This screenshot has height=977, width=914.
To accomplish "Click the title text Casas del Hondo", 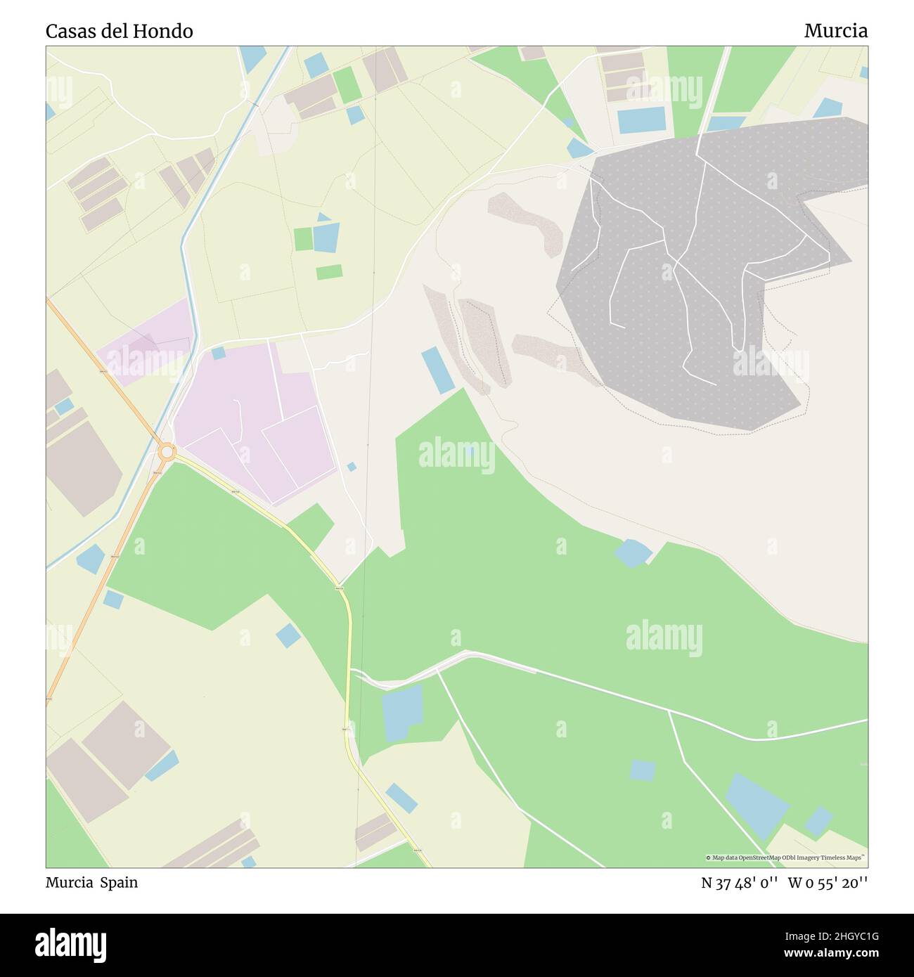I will [x=119, y=32].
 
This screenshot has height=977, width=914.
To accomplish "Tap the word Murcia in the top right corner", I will [x=835, y=32].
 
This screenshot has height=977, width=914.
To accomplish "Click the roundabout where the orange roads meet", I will [x=167, y=451].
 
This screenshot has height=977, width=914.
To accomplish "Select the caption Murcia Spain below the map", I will [x=91, y=883].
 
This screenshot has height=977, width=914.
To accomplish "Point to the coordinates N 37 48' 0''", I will [x=739, y=883].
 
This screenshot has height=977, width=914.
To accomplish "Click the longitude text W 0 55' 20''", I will [x=828, y=883].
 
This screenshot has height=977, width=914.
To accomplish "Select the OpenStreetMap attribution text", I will [x=785, y=858].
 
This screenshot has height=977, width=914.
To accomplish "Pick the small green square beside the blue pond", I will [x=303, y=239].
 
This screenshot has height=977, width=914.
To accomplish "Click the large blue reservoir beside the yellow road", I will [x=402, y=712].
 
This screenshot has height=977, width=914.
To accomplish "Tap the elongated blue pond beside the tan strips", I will [x=438, y=370].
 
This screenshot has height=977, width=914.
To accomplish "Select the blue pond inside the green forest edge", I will [x=633, y=552].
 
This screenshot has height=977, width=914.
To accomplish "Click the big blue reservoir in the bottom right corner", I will [x=756, y=806].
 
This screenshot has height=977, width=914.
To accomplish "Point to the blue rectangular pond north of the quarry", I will [x=641, y=120].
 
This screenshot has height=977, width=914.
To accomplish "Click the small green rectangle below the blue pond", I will [x=329, y=272].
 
